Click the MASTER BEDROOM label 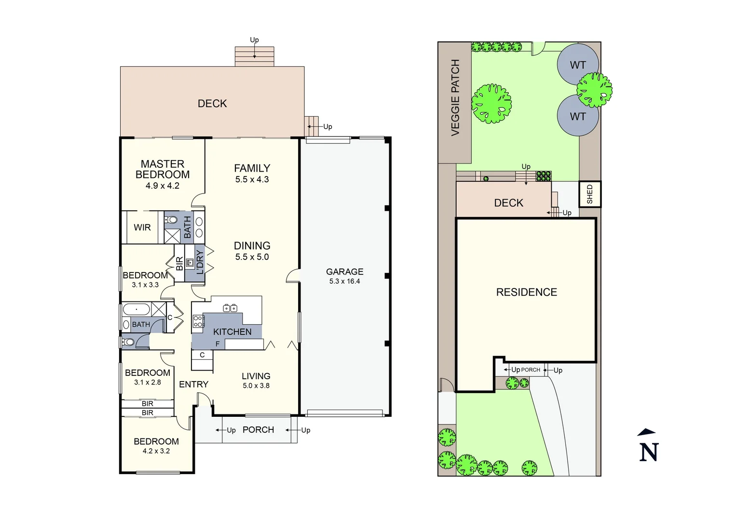coord(163,169)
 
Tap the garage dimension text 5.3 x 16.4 coord(344,281)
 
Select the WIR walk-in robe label coord(142,227)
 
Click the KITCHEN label coord(232,332)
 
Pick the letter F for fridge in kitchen coord(218,344)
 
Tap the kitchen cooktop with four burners coord(198,321)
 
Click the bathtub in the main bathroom coord(136,309)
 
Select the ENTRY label coord(193,384)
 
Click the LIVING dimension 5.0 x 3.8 coord(256,386)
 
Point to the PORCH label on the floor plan coord(258,430)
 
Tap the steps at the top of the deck coord(254,56)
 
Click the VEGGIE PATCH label coord(455,98)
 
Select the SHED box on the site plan coord(589,194)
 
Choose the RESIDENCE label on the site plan coord(526,292)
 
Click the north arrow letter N coord(649,452)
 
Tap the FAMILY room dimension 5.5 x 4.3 coord(252,179)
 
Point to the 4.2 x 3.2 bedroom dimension coord(156,451)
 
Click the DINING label coord(252,246)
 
